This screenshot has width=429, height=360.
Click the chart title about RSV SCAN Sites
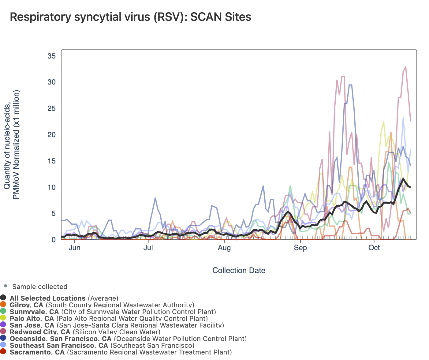tap(131, 17)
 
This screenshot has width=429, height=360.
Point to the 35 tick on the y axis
tap(51, 56)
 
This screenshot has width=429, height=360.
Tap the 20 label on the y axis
tap(51, 135)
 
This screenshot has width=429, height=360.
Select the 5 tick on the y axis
tap(53, 213)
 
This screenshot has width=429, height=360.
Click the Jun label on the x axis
tap(74, 248)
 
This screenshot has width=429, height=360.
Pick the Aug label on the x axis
tap(224, 248)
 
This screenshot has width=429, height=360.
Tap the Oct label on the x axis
tap(374, 248)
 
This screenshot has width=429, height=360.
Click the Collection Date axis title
tap(239, 271)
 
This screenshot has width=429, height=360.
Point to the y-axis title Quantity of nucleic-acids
tap(12, 144)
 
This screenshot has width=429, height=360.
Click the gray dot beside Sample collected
tap(6, 286)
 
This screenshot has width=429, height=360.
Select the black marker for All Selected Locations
tap(3, 298)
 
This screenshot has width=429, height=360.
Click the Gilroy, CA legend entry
tap(102, 305)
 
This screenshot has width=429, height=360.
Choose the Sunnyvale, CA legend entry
tap(113, 312)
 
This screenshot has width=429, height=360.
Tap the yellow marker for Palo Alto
tap(3, 318)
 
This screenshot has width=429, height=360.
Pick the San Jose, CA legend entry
tap(117, 325)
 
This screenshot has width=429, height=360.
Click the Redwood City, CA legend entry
tap(85, 332)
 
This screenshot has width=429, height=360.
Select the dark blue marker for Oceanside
tap(3, 339)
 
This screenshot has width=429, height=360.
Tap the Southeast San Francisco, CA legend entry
tap(102, 345)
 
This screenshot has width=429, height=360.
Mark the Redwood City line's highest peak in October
tap(406, 66)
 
